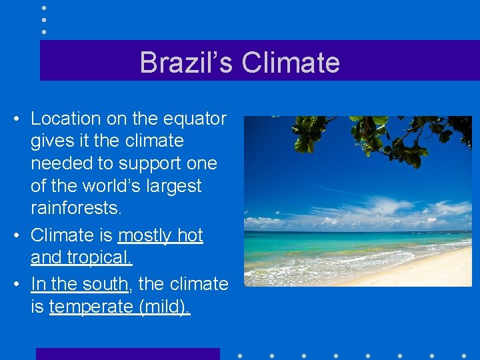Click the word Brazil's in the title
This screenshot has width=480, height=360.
[186, 63]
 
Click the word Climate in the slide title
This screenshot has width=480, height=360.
[291, 63]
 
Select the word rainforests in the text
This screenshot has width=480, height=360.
[75, 208]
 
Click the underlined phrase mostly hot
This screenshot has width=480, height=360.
[160, 235]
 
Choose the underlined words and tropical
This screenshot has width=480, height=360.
[81, 257]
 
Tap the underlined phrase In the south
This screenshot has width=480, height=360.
[79, 284]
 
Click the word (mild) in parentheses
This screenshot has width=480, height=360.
[163, 307]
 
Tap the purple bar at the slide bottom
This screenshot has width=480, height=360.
[127, 353]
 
